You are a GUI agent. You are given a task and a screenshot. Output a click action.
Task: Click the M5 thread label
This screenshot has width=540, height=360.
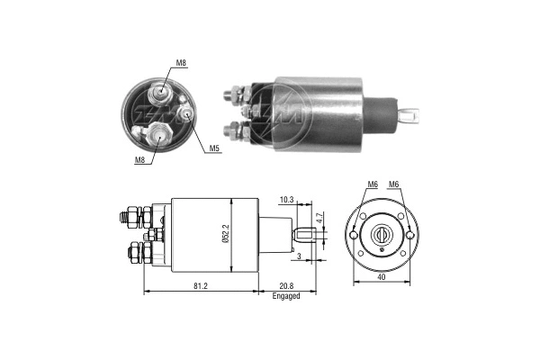click(214, 148)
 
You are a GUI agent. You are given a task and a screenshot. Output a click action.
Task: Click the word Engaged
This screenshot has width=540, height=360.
click(286, 296)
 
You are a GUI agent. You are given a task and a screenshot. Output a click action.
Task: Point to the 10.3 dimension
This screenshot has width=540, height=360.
click(285, 199)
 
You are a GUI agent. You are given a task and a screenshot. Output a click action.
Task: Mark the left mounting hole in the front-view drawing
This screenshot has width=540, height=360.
click(359, 218)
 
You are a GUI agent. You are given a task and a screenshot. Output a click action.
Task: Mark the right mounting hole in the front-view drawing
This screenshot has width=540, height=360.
click(410, 236)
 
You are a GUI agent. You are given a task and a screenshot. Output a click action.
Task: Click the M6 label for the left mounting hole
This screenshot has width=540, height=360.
click(372, 185)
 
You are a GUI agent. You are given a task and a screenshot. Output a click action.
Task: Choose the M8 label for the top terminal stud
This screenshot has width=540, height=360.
click(181, 63)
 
